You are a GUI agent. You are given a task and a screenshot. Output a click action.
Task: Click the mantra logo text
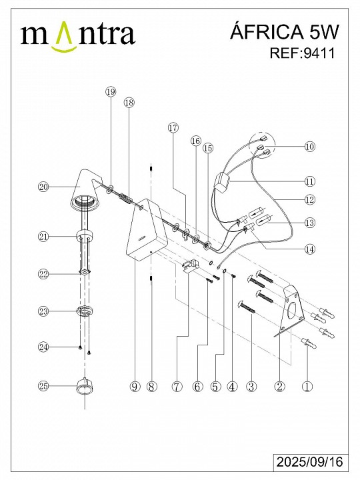click(x=78, y=35)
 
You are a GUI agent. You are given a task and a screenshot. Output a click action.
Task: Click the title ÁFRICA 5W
click(x=285, y=32)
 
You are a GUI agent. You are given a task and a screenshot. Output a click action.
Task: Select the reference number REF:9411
click(x=303, y=53)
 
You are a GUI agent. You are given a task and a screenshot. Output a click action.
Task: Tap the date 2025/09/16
click(x=310, y=461)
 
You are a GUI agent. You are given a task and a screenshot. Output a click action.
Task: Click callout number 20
click(x=44, y=187)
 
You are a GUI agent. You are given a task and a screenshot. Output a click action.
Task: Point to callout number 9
click(x=135, y=386)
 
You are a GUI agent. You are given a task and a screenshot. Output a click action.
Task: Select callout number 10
click(x=310, y=146)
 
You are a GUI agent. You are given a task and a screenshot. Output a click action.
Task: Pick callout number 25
click(x=44, y=386)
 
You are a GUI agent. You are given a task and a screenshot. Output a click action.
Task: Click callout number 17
click(x=173, y=127)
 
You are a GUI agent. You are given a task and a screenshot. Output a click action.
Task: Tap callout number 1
click(x=307, y=386)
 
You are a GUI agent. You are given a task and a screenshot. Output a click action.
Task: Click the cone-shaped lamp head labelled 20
click(x=86, y=190)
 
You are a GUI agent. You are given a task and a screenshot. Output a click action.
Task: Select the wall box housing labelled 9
click(x=146, y=229)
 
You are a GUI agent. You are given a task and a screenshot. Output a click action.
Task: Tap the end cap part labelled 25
click(x=84, y=387)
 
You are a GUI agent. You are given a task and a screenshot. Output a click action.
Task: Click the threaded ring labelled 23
click(x=84, y=311)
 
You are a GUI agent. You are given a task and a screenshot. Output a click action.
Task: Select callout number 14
click(x=310, y=249)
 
